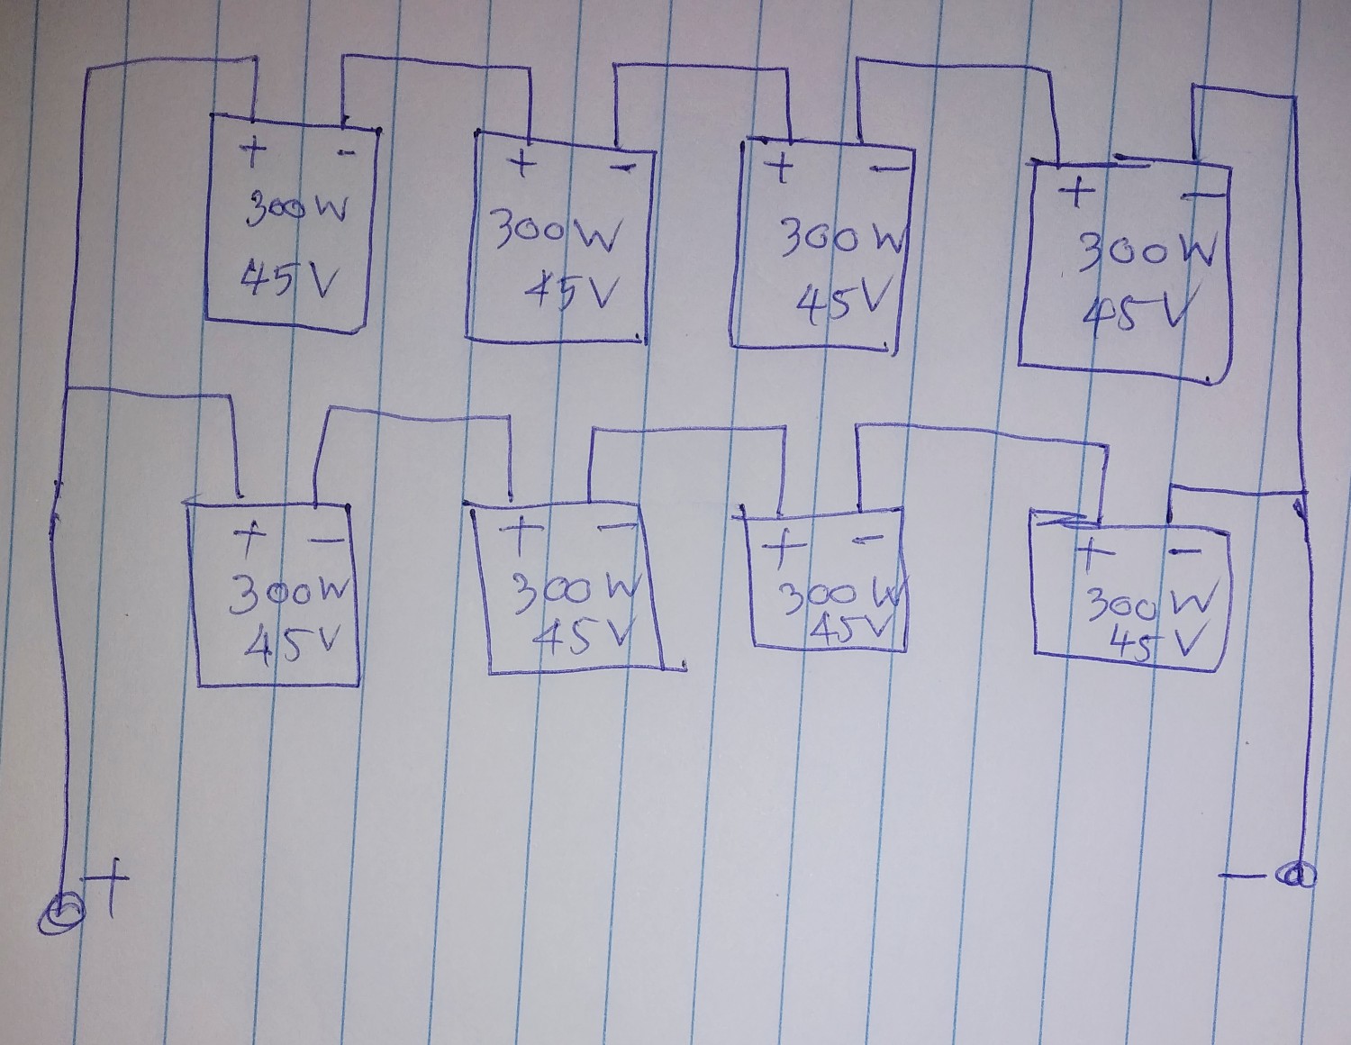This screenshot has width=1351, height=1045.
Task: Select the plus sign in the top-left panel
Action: click(253, 154)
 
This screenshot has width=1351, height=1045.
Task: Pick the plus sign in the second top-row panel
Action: click(521, 166)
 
